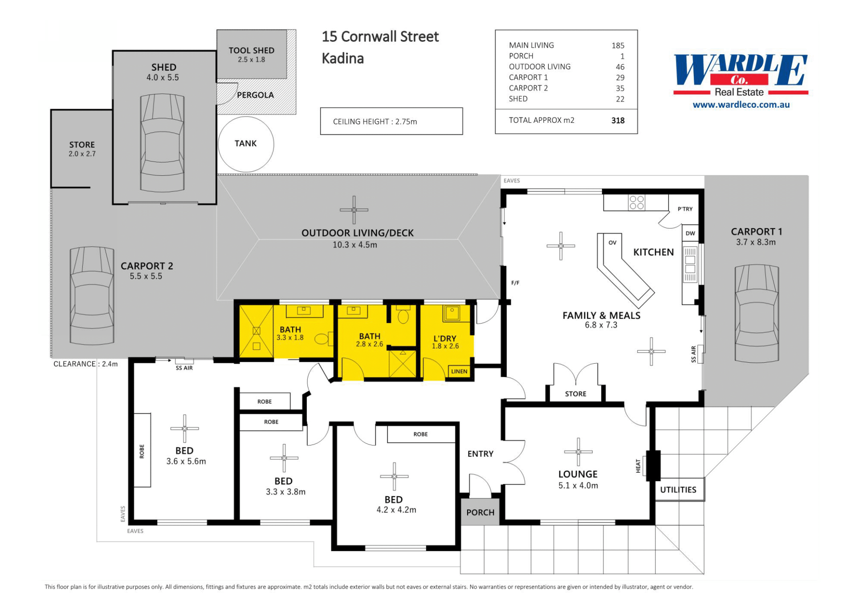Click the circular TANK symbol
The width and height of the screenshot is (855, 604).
(246, 144)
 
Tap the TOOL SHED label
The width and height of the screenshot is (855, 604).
(252, 50)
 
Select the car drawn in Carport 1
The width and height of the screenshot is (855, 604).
(757, 313)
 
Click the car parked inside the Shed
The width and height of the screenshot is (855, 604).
(162, 143)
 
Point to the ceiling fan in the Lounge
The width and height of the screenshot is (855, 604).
(578, 452)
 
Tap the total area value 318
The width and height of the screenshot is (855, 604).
(618, 121)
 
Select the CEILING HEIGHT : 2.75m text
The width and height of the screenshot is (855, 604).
(375, 122)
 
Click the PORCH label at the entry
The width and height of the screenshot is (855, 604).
(480, 512)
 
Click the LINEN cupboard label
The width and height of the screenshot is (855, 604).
(459, 371)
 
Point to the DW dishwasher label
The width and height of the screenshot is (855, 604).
(690, 233)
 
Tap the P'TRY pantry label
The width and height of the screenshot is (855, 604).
(685, 209)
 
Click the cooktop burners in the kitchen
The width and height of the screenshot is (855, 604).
(637, 203)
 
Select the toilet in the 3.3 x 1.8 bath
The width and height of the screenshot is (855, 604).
(323, 339)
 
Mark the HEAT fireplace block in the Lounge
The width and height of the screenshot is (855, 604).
(653, 466)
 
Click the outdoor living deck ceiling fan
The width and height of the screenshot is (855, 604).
(354, 210)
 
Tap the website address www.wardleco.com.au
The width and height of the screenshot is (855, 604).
(741, 105)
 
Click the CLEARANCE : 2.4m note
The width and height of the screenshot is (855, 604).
(85, 364)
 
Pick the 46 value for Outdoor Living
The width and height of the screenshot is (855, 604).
(620, 67)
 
